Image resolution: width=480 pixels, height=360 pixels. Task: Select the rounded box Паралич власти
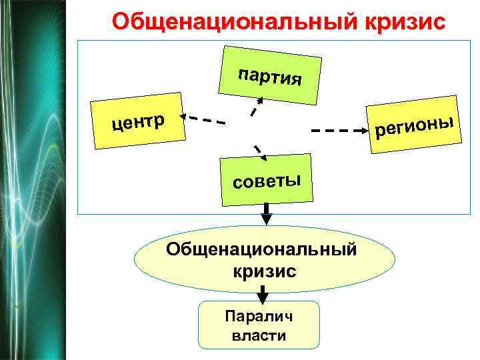pyautogui.click(x=259, y=325)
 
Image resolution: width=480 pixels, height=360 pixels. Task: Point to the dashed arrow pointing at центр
pyautogui.click(x=203, y=119)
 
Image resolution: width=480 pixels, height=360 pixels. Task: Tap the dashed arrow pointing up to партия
pyautogui.click(x=256, y=107)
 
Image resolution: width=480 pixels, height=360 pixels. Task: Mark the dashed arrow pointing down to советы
pyautogui.click(x=259, y=153)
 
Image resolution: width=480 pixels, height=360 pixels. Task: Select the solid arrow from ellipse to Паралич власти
pyautogui.click(x=264, y=293)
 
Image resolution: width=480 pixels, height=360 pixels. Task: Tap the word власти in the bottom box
pyautogui.click(x=259, y=335)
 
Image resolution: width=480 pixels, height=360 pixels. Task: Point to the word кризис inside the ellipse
pyautogui.click(x=265, y=271)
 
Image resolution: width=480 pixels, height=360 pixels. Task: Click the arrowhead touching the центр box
pyautogui.click(x=187, y=117)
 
